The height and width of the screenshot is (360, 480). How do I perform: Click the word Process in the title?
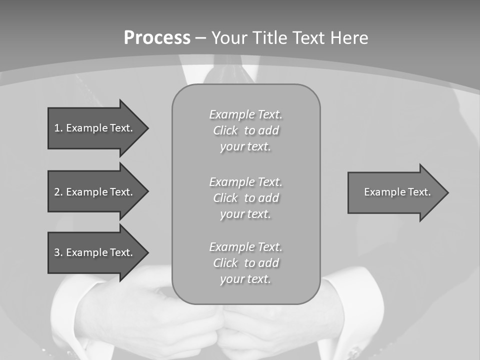pos(157,38)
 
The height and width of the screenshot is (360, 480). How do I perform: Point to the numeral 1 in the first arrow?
pos(57,128)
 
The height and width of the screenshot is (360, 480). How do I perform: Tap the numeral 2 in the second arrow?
pos(57,192)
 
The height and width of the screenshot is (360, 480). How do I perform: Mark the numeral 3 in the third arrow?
pos(57,252)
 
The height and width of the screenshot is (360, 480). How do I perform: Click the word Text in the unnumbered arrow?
pos(419,192)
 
